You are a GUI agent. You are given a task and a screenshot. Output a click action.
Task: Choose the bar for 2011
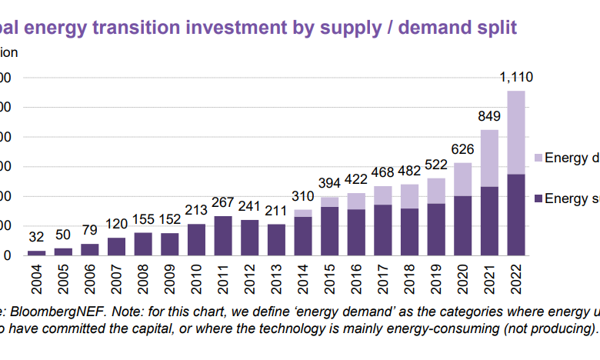pyautogui.click(x=223, y=235)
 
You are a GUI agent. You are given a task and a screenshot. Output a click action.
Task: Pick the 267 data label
pyautogui.click(x=223, y=203)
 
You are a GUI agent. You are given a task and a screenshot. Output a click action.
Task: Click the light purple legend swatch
pyautogui.click(x=538, y=158)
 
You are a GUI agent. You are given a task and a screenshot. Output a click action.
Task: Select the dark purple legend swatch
pyautogui.click(x=538, y=198)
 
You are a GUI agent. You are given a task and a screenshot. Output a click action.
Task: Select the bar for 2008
pyautogui.click(x=143, y=244)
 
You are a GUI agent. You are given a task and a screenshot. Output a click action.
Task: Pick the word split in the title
pyautogui.click(x=497, y=28)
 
